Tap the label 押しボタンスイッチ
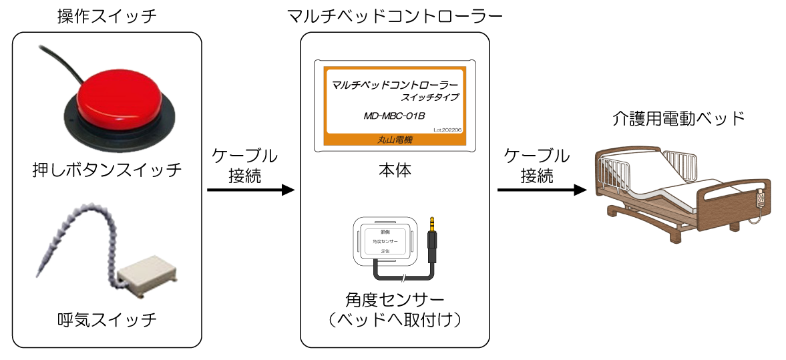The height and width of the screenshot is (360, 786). click(x=108, y=169)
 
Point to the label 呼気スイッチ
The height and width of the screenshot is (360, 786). click(x=108, y=320)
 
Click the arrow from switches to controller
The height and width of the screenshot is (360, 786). click(x=250, y=190)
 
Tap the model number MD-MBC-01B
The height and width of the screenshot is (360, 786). click(x=394, y=116)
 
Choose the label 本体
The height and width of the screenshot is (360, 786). click(x=394, y=170)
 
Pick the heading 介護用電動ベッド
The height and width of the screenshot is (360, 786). click(x=678, y=120)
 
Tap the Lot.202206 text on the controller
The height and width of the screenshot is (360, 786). click(x=447, y=130)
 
